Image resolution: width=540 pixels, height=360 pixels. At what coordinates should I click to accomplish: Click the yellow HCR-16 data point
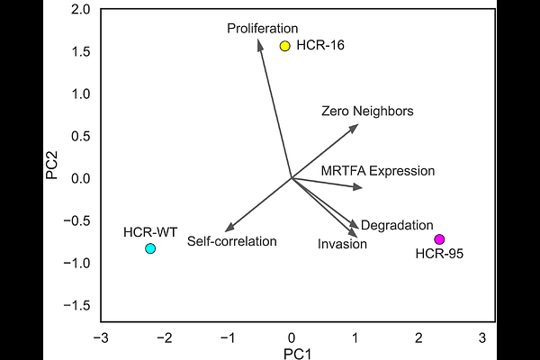284,46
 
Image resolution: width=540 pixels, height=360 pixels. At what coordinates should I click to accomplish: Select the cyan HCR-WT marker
150,248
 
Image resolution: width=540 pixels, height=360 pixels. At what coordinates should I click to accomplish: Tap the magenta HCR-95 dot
439,239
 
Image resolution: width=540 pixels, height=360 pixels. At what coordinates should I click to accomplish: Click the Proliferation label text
263,28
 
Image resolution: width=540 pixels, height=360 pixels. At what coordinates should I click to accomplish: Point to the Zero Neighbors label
367,112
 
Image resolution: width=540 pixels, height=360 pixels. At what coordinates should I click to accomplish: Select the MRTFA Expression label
378,171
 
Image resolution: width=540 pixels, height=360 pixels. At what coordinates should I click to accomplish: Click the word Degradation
397,225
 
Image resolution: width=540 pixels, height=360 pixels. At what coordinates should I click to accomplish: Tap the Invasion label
342,244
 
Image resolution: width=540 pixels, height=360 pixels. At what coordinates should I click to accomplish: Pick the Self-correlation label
232,241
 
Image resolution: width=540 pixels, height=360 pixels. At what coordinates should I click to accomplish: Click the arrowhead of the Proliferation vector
258,40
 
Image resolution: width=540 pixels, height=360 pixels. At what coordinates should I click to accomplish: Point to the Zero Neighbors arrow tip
358,124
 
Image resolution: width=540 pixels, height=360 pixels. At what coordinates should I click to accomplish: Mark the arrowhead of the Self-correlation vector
225,231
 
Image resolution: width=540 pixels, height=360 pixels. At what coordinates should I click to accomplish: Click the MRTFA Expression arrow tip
363,187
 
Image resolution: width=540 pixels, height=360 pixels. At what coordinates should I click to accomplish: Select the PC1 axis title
297,354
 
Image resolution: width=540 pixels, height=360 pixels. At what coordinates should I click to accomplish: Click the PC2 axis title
51,166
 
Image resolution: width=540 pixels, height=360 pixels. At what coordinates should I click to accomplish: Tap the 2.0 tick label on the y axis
81,10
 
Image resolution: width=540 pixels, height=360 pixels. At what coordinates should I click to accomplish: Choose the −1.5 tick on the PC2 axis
76,305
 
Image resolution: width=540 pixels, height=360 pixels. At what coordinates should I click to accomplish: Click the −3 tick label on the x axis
101,338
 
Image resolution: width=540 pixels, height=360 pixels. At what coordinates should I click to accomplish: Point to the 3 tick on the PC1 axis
482,338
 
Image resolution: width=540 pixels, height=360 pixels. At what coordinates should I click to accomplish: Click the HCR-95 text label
439,254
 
